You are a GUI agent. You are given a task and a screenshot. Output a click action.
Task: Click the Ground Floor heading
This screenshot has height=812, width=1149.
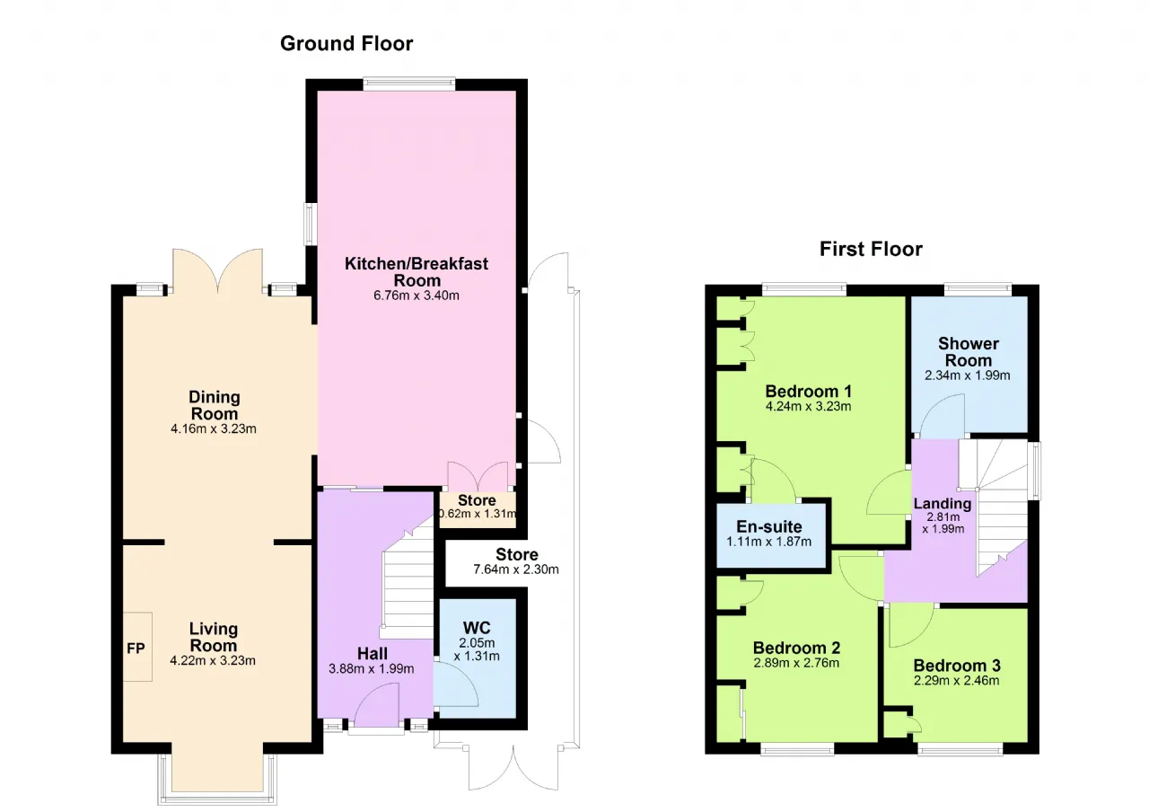coord(346,44)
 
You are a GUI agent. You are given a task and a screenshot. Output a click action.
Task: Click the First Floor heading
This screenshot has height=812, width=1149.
coord(871,250)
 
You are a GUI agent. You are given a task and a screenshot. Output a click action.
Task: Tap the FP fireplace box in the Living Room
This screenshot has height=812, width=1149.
coord(137,647)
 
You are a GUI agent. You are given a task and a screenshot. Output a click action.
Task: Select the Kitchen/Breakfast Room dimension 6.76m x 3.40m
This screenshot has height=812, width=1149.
coord(416,296)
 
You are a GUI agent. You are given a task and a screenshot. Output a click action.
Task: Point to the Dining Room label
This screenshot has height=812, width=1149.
coord(214,405)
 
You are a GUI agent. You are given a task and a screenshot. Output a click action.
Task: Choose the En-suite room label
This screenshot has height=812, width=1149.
coord(769,526)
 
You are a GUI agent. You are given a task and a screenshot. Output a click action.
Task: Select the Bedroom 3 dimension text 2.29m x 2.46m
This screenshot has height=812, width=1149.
coord(957,681)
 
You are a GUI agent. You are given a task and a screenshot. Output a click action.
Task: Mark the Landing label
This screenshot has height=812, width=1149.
coord(943,504)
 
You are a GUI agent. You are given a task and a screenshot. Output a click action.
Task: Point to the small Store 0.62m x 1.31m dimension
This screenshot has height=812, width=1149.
coord(478,514)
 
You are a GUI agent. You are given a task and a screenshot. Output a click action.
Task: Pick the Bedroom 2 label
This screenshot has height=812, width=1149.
coord(796,648)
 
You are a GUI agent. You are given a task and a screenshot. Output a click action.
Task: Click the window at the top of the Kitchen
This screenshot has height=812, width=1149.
coord(408,84)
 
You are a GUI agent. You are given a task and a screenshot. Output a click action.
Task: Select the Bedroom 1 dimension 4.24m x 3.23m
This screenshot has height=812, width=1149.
coord(809,407)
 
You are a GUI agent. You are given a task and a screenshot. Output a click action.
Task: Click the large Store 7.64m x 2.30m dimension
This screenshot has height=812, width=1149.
coord(516,569)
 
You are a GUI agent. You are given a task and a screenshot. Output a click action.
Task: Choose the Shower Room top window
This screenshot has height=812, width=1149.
coord(978,289)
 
